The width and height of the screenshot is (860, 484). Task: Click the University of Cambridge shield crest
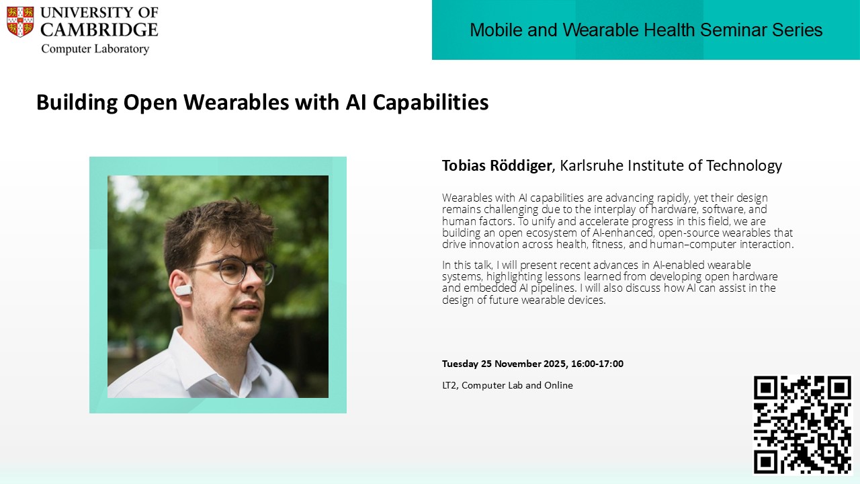(x=20, y=22)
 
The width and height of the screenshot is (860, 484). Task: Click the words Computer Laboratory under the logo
(x=95, y=49)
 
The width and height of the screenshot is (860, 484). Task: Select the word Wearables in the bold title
(x=236, y=102)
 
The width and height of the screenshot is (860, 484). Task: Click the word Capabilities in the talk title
(x=431, y=103)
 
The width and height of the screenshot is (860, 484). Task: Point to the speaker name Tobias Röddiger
(x=497, y=165)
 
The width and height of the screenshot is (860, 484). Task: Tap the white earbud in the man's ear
(x=183, y=290)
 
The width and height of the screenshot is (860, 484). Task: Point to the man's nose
(x=255, y=284)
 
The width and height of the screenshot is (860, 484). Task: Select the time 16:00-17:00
(x=597, y=364)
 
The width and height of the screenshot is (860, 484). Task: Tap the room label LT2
(x=449, y=385)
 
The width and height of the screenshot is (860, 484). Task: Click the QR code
(x=802, y=425)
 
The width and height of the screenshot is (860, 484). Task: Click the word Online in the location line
(x=558, y=385)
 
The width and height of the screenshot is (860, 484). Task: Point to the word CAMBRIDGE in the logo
(x=99, y=30)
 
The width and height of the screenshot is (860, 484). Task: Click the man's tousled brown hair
(x=215, y=227)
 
